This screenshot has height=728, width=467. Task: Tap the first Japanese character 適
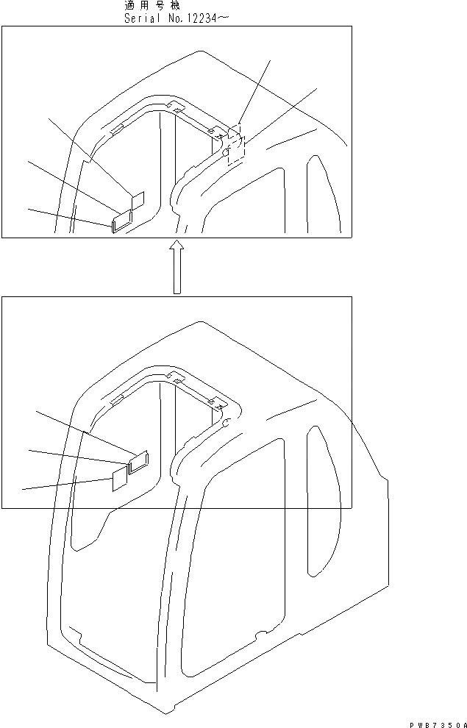click(x=129, y=5)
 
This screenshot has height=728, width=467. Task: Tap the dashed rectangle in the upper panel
click(x=236, y=144)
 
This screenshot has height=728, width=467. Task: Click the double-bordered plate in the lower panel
click(x=138, y=461)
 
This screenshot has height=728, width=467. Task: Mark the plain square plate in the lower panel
click(x=119, y=480)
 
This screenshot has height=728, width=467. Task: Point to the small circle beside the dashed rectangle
click(x=227, y=153)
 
